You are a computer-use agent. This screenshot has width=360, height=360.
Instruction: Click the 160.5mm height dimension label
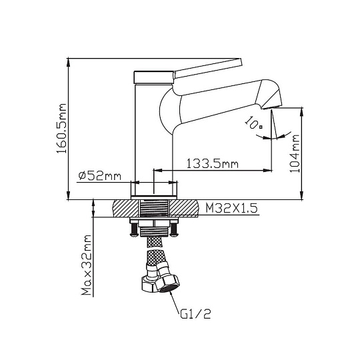(61, 129)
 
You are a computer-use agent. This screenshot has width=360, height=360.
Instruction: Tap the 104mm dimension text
(295, 153)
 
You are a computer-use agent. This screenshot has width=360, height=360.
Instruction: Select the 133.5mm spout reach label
(212, 164)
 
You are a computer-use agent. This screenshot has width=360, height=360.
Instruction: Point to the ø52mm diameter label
(99, 176)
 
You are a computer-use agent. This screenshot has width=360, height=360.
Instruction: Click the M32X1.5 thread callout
(231, 208)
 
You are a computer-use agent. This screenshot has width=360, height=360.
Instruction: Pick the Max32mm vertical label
(87, 265)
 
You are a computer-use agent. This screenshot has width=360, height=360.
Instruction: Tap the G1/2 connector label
(195, 314)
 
